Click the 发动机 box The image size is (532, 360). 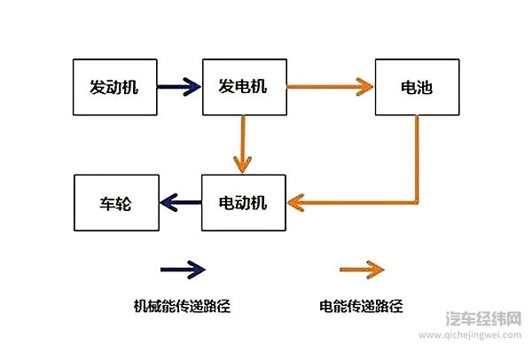click(x=113, y=88)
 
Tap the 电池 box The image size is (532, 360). click(x=416, y=88)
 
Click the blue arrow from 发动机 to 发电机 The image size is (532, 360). click(x=179, y=87)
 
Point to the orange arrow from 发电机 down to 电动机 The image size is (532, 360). click(x=241, y=144)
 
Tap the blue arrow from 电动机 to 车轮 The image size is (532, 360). click(x=180, y=203)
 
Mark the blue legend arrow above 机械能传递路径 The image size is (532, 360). click(x=182, y=268)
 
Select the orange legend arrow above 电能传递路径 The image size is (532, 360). click(x=362, y=268)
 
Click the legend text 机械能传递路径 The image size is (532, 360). click(x=182, y=307)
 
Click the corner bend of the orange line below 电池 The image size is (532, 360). click(x=416, y=201)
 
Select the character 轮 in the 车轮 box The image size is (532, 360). click(x=125, y=203)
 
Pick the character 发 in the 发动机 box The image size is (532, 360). click(x=97, y=88)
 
